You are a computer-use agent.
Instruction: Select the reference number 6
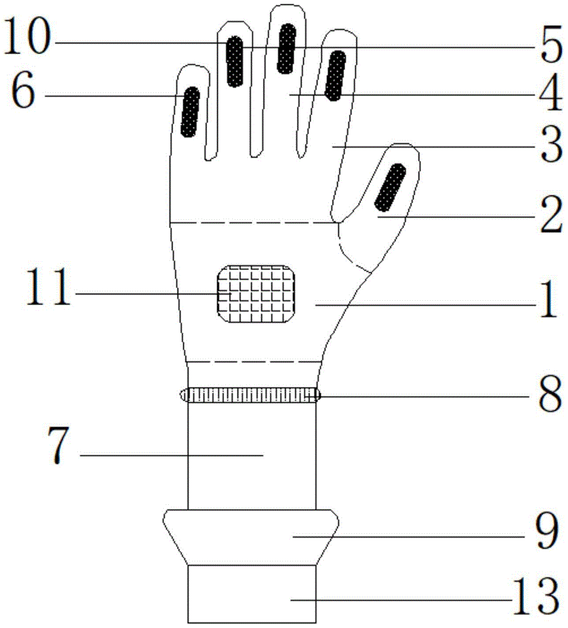tap(23, 91)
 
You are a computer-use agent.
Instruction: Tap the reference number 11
tap(48, 287)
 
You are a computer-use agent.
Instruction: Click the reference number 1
tap(549, 299)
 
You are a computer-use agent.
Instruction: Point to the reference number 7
tap(58, 445)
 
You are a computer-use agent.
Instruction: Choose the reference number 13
tap(535, 597)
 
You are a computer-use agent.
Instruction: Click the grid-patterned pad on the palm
tap(256, 294)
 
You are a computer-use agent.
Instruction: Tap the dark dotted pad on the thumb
tap(390, 187)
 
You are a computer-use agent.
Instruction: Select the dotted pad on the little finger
tap(190, 112)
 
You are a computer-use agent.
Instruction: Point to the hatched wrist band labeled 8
tap(250, 395)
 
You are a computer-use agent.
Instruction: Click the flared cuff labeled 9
tap(251, 537)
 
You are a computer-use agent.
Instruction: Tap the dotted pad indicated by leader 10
tap(235, 62)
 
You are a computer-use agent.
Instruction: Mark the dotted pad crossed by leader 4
tap(335, 76)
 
